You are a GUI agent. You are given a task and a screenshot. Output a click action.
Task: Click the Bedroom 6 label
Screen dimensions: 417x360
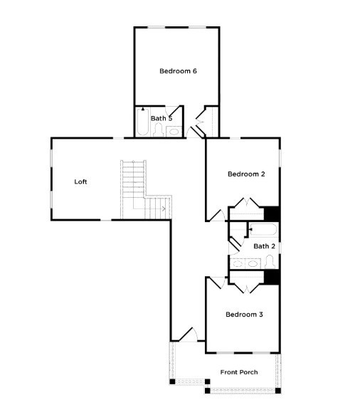pos(177,71)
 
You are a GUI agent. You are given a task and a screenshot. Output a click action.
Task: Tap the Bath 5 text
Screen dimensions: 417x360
pos(162,118)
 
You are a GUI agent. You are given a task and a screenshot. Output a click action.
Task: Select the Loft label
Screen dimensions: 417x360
pos(81,181)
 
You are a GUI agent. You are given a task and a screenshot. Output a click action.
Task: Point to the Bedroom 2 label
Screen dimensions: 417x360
pos(246,174)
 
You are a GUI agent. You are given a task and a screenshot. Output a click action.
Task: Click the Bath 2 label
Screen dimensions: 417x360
pos(265,246)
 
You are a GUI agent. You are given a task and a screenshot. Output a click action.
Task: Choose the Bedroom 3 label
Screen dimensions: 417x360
pos(245,314)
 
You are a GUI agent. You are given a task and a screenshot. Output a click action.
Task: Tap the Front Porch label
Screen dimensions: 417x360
pos(238,372)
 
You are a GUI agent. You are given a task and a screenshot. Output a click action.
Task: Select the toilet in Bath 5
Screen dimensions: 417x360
pos(159,130)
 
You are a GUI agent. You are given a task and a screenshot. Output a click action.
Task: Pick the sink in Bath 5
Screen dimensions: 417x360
pos(174,131)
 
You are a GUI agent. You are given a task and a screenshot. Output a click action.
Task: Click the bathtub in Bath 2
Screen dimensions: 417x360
pos(263,229)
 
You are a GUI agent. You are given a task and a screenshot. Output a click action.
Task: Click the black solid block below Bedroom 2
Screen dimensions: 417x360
pos(271,213)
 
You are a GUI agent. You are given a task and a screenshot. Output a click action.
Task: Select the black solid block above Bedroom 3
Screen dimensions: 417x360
pos(271,278)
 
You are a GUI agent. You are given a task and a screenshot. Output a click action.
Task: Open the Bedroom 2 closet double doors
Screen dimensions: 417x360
pos(246,207)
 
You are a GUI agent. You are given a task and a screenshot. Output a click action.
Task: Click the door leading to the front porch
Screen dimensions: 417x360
pos(184,334)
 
